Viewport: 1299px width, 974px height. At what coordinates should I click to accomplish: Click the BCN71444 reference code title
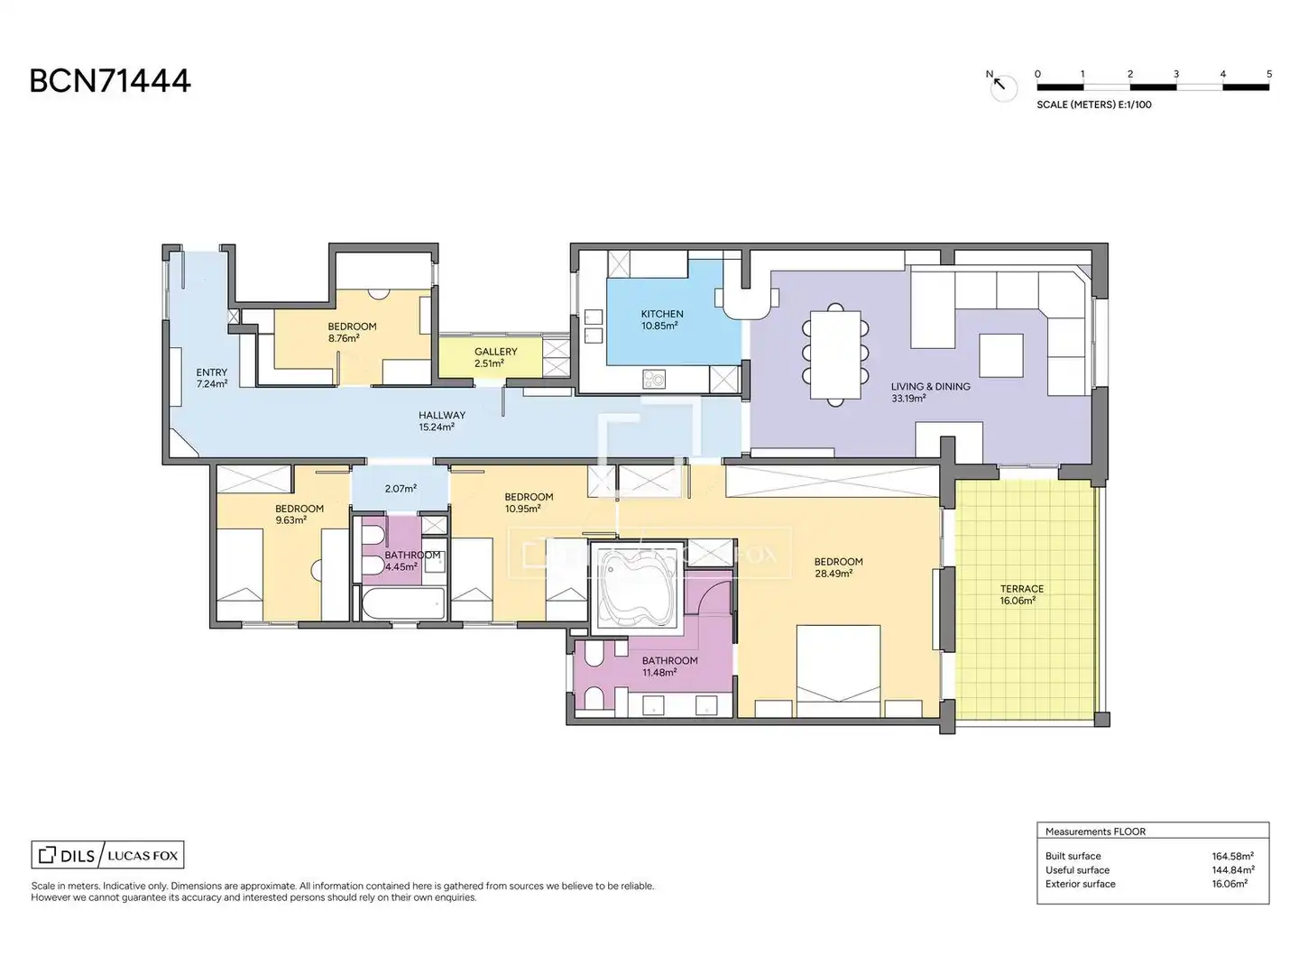110,81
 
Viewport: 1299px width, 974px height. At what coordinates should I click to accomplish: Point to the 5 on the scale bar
1269,74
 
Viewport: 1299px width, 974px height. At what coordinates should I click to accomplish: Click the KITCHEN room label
661,314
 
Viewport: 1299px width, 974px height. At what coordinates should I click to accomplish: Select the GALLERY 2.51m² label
495,357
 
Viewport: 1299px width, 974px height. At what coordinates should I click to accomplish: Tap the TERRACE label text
1022,589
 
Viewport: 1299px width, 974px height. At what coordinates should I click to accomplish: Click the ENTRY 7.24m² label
212,378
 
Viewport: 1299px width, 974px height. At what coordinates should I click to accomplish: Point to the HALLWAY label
442,415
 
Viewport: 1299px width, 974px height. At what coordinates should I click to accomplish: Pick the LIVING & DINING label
930,387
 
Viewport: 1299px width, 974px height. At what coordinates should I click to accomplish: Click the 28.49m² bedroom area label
834,574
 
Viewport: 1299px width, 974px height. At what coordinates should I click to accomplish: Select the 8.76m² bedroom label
344,338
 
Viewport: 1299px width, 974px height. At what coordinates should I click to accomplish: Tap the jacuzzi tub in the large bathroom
637,585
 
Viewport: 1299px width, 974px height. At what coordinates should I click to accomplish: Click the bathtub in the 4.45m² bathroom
403,604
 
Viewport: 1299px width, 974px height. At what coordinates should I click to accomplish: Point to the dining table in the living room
835,354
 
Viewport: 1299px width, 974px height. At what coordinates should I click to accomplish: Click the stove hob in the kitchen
654,379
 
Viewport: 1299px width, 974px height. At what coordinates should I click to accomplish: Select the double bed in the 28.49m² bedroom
838,671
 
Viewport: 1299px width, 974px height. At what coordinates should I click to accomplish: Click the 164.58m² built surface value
1233,856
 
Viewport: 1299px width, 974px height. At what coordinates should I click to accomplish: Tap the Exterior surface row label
1080,884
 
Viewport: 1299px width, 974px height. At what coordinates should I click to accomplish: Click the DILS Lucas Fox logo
107,855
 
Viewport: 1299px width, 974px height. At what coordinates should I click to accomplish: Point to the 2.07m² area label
401,489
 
